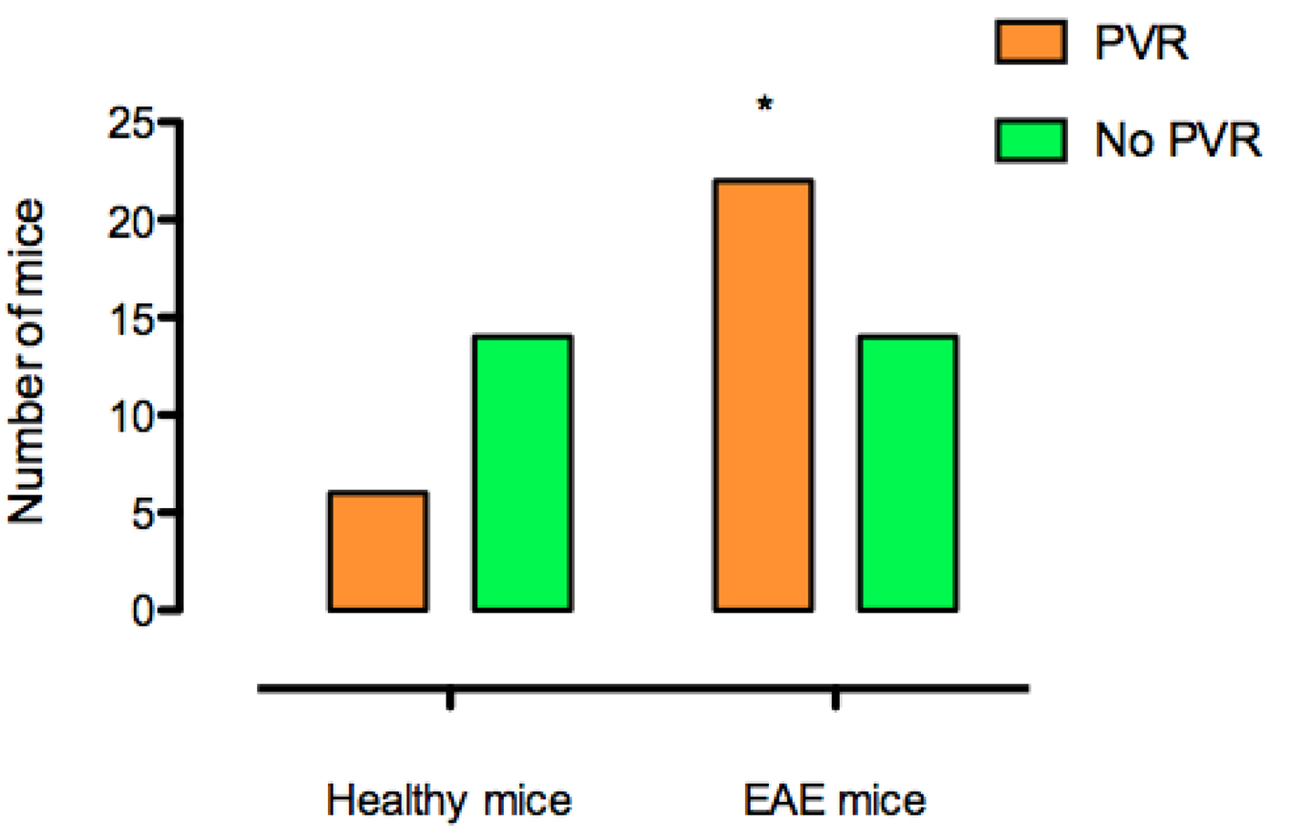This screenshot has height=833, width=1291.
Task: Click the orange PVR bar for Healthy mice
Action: tap(378, 551)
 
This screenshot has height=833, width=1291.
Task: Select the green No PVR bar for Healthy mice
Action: tap(522, 472)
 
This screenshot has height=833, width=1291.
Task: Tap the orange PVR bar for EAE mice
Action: tap(763, 395)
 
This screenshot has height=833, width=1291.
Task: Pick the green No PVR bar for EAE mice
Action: tap(907, 472)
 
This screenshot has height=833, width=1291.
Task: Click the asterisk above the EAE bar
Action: tap(764, 105)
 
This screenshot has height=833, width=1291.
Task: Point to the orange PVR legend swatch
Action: tap(1030, 43)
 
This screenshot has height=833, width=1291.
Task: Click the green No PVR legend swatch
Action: tap(1030, 140)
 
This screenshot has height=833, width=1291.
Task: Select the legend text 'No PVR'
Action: tap(1178, 140)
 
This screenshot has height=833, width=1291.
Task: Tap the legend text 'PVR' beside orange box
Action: tap(1141, 43)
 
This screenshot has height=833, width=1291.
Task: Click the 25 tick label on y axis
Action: tap(130, 123)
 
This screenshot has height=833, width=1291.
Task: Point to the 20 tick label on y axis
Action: tap(130, 220)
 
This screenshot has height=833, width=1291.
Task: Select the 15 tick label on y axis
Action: tap(130, 318)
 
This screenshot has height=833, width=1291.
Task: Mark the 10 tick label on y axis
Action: tap(130, 415)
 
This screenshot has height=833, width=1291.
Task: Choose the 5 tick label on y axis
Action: tap(141, 513)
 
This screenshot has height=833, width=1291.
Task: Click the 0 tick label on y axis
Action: tap(142, 611)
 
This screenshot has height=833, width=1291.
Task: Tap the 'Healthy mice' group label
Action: tap(449, 801)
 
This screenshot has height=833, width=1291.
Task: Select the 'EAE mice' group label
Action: tap(835, 801)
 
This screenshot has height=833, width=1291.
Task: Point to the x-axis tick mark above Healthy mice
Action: tap(449, 699)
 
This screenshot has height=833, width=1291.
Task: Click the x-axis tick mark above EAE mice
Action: tap(835, 699)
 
